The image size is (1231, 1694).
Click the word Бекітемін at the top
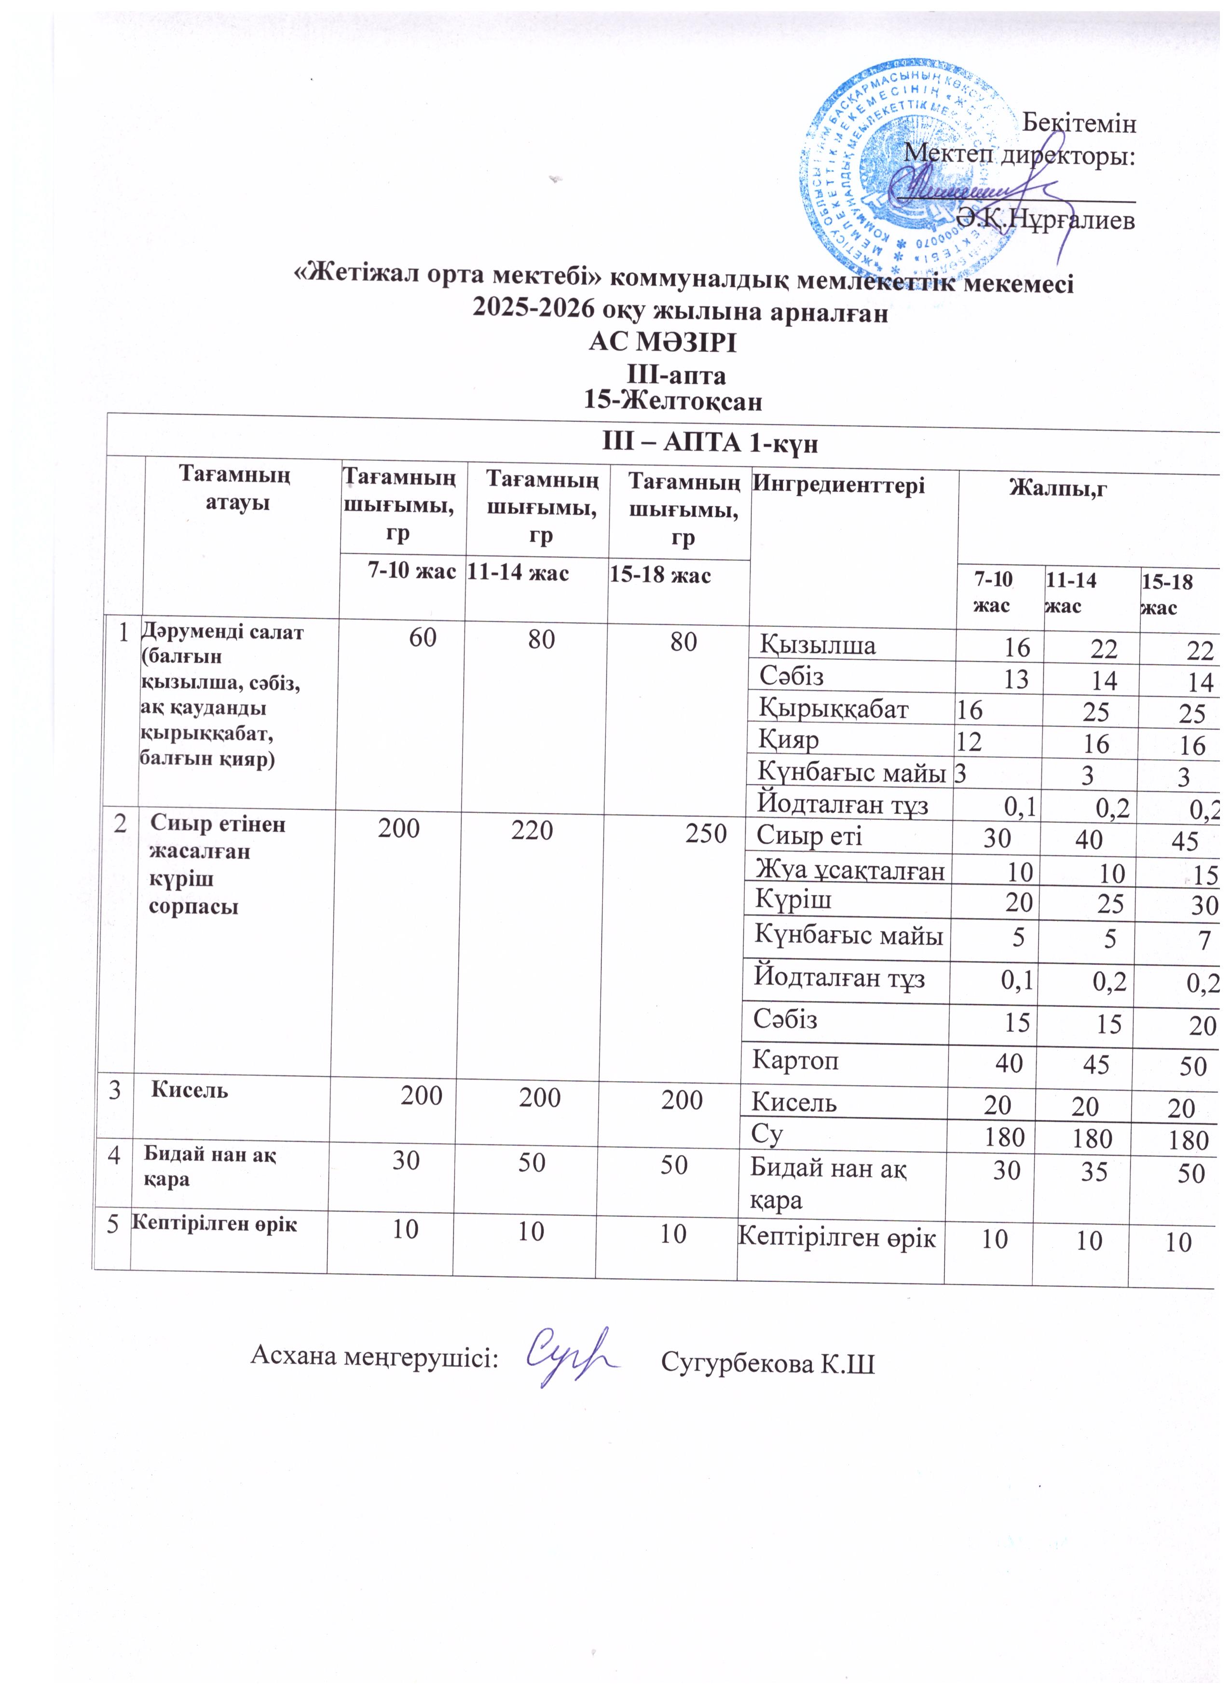1079,123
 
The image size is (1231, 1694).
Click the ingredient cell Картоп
796,1061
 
